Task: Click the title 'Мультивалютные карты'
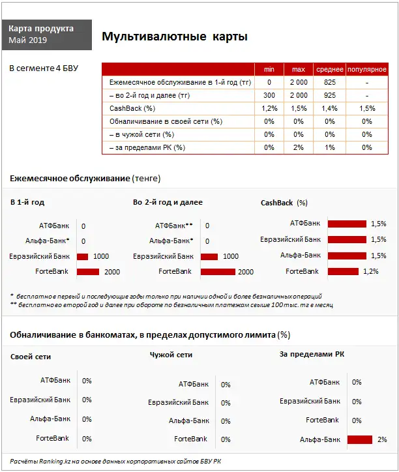point(175,37)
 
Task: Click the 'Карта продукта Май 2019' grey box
point(46,35)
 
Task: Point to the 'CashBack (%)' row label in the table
point(132,108)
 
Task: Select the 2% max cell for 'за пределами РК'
point(299,147)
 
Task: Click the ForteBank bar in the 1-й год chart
point(88,272)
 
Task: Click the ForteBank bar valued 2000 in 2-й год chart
point(218,272)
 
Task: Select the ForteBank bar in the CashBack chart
point(342,271)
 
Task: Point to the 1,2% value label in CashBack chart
point(370,271)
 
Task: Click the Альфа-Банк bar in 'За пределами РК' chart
point(359,439)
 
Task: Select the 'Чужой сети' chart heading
point(171,355)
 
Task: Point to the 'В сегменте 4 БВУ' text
point(44,68)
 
